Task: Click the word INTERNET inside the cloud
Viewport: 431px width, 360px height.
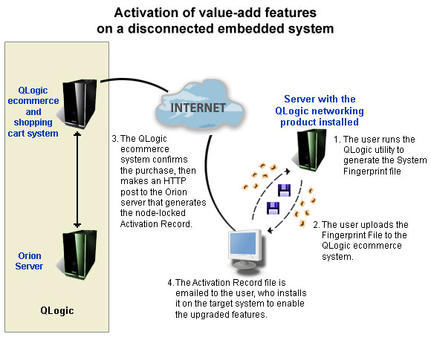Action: click(x=198, y=108)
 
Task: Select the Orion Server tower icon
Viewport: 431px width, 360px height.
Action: click(x=78, y=255)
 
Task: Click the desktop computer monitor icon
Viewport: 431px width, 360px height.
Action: click(x=245, y=249)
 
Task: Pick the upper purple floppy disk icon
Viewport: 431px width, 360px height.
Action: click(x=284, y=190)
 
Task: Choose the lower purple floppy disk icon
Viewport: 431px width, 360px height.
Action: click(x=273, y=208)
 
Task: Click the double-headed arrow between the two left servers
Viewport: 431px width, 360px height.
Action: click(x=77, y=180)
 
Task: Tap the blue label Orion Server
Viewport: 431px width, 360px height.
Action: click(x=29, y=261)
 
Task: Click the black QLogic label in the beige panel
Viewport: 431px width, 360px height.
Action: click(x=57, y=311)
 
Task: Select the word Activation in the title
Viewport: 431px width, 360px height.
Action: click(x=149, y=13)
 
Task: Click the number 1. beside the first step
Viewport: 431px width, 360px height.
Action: click(x=337, y=140)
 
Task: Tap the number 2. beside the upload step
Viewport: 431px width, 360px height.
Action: click(x=317, y=225)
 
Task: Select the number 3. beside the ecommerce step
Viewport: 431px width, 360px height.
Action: click(x=115, y=139)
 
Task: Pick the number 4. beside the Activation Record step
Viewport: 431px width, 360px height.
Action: click(x=171, y=283)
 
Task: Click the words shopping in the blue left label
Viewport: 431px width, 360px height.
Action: click(x=33, y=122)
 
